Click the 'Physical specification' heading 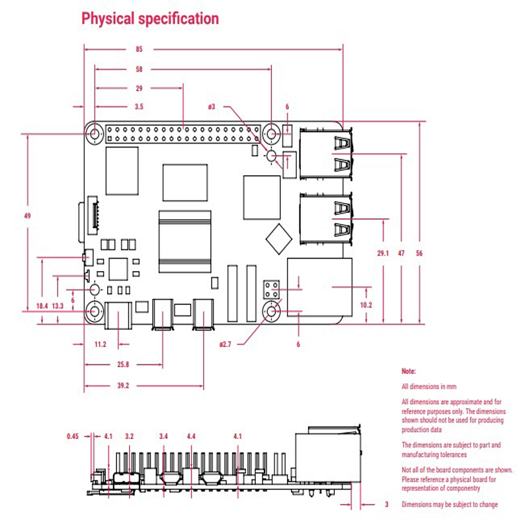point(150,19)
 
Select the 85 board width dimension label point(139,49)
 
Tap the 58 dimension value point(139,69)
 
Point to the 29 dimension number point(139,89)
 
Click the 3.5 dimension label point(139,106)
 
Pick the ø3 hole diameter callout point(212,106)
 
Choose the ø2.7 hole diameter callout point(225,345)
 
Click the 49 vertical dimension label point(27,216)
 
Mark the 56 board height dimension point(419,253)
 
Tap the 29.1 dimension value point(383,253)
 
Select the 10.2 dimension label point(366,305)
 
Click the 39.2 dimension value point(123,386)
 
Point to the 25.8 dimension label point(123,364)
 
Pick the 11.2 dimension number point(101,345)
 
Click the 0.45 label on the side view point(73,436)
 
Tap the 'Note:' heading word point(409,371)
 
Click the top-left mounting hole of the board point(95,134)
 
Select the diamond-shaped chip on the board point(278,239)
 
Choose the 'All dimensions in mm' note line point(428,387)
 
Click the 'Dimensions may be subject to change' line point(450,505)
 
